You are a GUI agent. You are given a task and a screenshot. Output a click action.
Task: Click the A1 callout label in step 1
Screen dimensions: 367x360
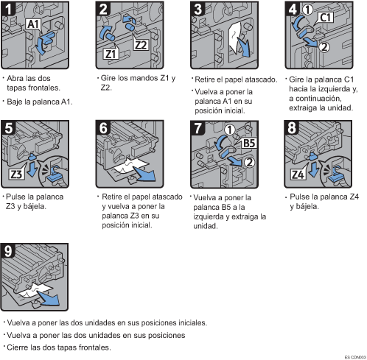click(34, 24)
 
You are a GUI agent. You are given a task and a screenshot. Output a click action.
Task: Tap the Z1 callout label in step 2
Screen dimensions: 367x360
click(111, 54)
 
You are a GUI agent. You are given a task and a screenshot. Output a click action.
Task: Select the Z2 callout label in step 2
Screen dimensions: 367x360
click(141, 45)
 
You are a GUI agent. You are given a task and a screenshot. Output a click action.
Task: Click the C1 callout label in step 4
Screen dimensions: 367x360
click(326, 18)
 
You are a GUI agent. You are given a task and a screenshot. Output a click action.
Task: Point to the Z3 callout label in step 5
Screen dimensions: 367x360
click(16, 174)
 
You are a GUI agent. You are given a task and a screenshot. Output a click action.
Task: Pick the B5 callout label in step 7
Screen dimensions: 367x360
click(249, 144)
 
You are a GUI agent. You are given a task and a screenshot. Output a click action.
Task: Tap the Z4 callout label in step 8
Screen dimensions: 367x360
click(298, 174)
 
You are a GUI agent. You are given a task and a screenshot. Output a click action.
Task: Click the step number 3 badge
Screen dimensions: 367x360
click(198, 10)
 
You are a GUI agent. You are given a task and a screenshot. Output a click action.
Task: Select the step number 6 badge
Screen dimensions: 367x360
click(103, 128)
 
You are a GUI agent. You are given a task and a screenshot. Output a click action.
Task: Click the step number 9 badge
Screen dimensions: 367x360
click(8, 251)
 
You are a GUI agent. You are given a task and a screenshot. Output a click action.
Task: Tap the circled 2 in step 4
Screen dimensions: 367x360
click(324, 46)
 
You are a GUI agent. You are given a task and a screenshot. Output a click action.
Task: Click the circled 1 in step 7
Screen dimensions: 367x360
click(229, 130)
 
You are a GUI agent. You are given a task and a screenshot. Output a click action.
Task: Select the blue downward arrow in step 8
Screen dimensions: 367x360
click(314, 169)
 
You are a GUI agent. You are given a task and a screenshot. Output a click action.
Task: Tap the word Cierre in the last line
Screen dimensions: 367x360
click(18, 347)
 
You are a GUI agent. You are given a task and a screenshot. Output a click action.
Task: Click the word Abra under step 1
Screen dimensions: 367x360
click(14, 78)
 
